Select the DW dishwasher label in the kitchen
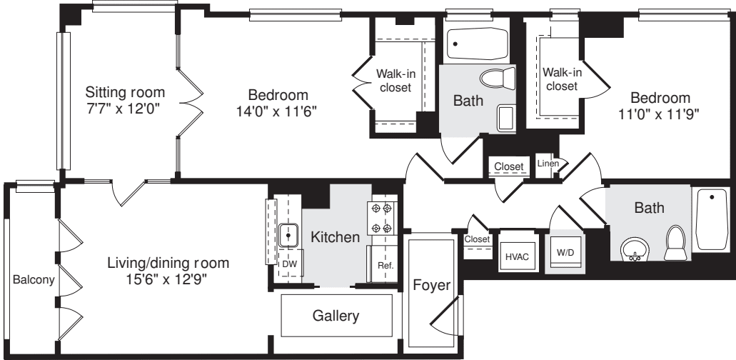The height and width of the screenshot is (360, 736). (x=288, y=264)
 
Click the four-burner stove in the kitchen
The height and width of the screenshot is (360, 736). (x=380, y=219)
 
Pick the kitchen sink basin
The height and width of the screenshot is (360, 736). (x=289, y=233)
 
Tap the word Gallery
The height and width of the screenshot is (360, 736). (x=336, y=315)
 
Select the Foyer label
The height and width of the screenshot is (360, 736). (x=432, y=286)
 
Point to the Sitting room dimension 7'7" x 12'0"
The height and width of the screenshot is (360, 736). (x=124, y=110)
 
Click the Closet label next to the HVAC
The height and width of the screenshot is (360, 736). (x=476, y=239)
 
